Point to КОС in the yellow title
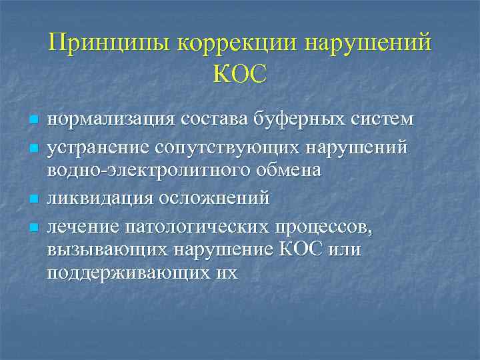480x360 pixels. tap(240, 73)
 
